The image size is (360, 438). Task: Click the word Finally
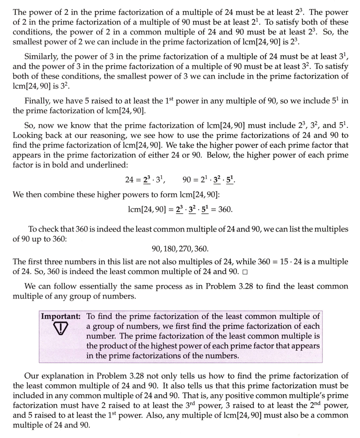click(37, 101)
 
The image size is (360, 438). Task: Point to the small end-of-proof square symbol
click(244, 272)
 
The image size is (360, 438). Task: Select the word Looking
click(26, 135)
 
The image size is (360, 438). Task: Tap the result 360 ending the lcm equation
click(225, 209)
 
